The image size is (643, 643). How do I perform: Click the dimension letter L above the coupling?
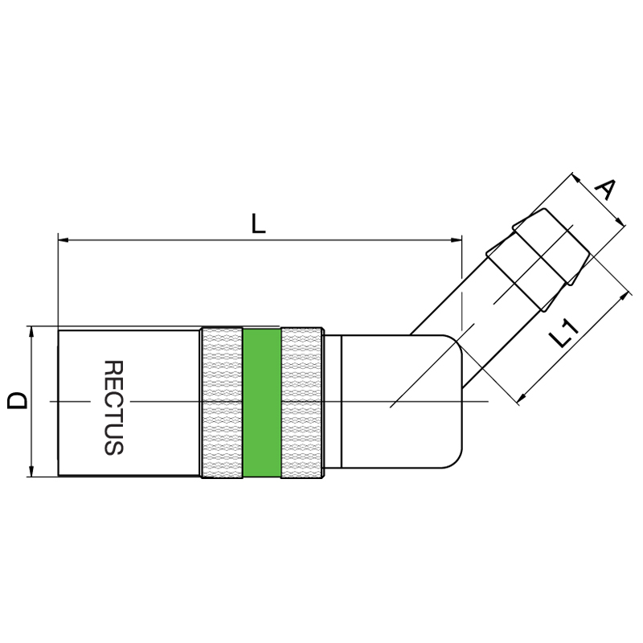pos(258,223)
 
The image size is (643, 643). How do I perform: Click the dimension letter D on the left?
pos(18,400)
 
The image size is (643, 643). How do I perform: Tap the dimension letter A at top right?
pos(606,190)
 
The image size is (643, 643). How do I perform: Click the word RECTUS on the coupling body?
pos(113,408)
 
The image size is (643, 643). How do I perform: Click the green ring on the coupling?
pos(262,403)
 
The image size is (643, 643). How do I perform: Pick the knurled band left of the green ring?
pos(222,403)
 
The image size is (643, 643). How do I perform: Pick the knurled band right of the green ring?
pos(302,403)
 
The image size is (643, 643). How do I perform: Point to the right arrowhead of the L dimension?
pos(456,240)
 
